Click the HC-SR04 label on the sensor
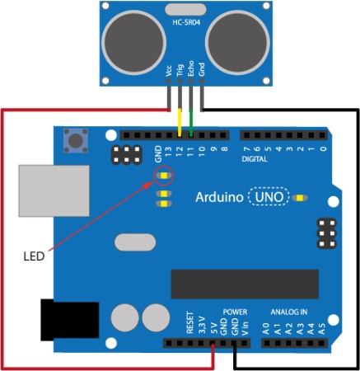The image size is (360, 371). (x=186, y=22)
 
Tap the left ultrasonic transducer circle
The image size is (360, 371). (x=133, y=43)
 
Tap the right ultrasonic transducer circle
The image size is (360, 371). (x=237, y=43)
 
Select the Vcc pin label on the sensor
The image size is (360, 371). (x=169, y=71)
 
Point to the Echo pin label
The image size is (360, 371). (x=190, y=68)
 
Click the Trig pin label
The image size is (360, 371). (x=180, y=70)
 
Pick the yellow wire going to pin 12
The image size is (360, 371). (x=180, y=123)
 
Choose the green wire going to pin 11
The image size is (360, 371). (x=191, y=123)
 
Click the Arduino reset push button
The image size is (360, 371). (x=76, y=140)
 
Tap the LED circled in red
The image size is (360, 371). (x=164, y=176)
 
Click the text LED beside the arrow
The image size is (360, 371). (x=34, y=256)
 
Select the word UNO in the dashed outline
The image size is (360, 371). (x=269, y=197)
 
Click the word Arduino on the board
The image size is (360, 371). (x=219, y=197)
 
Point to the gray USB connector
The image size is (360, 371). (x=54, y=190)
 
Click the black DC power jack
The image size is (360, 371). (x=70, y=320)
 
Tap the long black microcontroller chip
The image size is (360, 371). (x=245, y=284)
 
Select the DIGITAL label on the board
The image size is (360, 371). (x=255, y=159)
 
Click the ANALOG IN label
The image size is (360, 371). (x=289, y=312)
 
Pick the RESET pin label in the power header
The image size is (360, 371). (x=189, y=322)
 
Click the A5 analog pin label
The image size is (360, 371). (x=321, y=329)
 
